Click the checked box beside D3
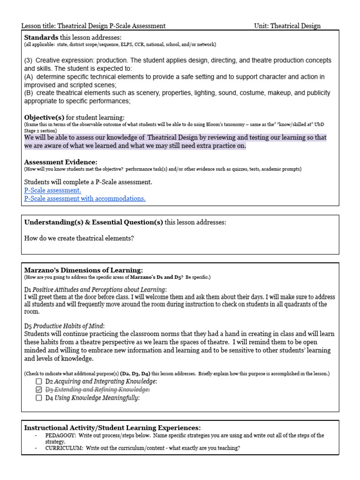tap(39, 390)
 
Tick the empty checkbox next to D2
tap(39, 382)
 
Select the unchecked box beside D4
tap(39, 398)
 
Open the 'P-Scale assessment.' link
tap(52, 190)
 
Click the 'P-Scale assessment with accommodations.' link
tap(85, 198)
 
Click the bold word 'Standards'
tap(41, 37)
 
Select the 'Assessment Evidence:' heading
tap(60, 162)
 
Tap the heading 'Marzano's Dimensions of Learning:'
tap(83, 270)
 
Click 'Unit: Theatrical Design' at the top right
tap(287, 26)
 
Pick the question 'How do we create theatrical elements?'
tap(79, 238)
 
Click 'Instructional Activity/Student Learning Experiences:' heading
tap(112, 427)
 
